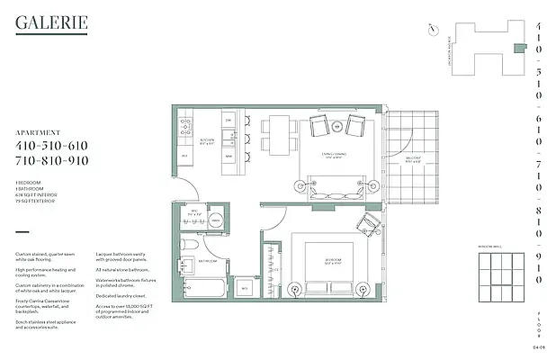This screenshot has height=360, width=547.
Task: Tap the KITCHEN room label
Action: tap(205, 141)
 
